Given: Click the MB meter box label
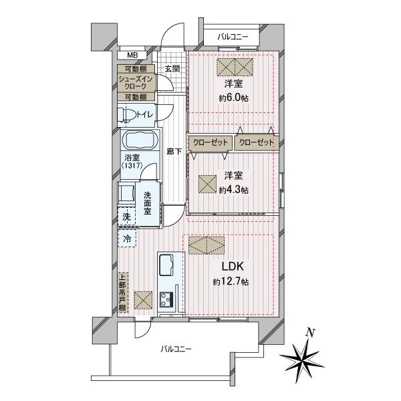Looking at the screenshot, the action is click(132, 55).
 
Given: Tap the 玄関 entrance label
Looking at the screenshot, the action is click(172, 69).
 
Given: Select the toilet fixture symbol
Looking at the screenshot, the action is click(126, 115).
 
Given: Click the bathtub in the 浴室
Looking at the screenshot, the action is click(140, 140).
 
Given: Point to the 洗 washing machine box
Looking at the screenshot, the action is click(126, 217).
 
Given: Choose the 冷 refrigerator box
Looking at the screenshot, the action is click(127, 239).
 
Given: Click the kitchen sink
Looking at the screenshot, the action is click(166, 265).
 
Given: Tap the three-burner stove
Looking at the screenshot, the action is click(166, 299).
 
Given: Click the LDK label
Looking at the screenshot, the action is click(232, 267).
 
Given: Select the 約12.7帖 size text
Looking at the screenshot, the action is click(231, 282).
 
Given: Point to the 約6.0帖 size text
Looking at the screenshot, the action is click(233, 98).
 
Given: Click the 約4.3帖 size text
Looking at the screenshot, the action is click(233, 190).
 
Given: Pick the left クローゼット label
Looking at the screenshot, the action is click(211, 142).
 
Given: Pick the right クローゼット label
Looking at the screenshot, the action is click(257, 142).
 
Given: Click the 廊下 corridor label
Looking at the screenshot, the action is click(174, 152).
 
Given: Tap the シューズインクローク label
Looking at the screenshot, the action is click(136, 82).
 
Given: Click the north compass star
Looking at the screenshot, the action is click(302, 357).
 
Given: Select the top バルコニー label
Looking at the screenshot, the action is click(233, 37).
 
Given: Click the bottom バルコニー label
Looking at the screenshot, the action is click(176, 349).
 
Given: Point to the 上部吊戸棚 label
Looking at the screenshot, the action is click(123, 292).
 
